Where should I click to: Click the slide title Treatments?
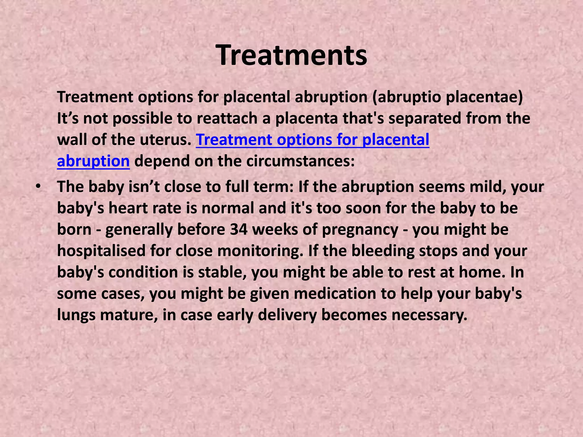pos(291,55)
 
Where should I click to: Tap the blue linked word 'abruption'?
pos(93,161)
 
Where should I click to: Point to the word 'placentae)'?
pos(484,97)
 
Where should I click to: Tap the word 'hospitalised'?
pos(101,251)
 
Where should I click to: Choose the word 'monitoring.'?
pos(260,251)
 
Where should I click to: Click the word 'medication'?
pos(335,293)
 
